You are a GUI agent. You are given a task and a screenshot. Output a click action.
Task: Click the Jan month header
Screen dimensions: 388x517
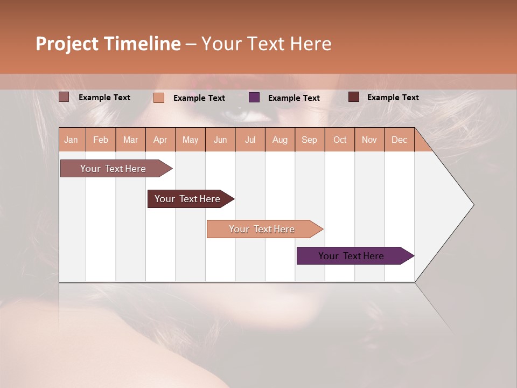point(71,140)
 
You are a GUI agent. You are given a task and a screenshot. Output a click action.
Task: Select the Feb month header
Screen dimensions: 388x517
point(101,140)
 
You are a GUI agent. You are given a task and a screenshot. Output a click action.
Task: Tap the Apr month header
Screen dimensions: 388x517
point(160,140)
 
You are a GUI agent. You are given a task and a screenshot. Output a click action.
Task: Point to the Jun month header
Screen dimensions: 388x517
point(220,140)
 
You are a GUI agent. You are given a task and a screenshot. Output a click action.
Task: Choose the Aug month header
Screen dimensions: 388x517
point(280,140)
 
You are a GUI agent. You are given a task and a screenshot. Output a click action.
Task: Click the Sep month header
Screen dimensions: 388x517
point(310,140)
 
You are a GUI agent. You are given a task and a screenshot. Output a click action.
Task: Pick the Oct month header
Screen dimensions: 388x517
point(340,140)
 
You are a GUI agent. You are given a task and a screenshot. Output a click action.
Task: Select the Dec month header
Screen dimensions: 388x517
point(400,140)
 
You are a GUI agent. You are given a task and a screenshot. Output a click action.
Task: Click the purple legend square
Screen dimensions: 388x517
point(254,98)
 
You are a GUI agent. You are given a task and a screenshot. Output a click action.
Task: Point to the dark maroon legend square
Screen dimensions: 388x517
point(354,97)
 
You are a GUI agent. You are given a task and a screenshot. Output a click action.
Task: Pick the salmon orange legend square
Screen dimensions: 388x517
point(159,98)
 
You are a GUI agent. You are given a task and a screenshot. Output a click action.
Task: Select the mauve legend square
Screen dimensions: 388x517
point(64,97)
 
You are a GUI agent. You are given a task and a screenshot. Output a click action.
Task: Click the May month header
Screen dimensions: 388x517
point(190,140)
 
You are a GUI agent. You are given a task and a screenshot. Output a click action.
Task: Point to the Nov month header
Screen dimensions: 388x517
point(369,140)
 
